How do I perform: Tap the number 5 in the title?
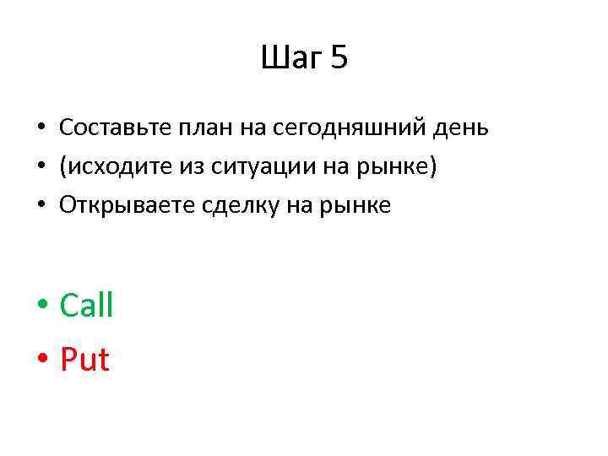pyautogui.click(x=339, y=59)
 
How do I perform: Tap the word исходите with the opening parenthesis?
pyautogui.click(x=108, y=166)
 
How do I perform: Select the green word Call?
pyautogui.click(x=86, y=305)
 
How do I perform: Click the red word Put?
pyautogui.click(x=84, y=360)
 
